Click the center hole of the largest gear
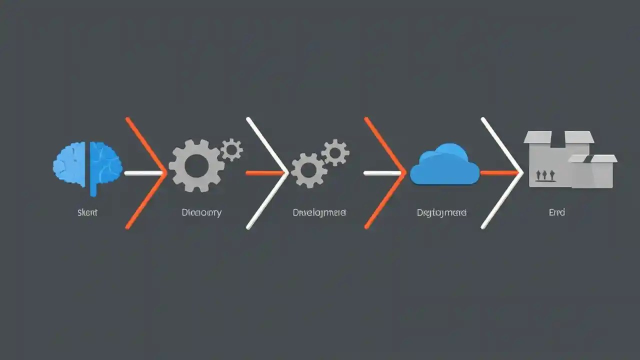pos(195,165)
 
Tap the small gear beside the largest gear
pos(231,149)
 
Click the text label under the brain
pos(87,212)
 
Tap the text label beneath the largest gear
pos(201,212)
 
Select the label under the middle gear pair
pos(319,212)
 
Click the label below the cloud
pos(441,212)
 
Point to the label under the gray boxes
pos(556,212)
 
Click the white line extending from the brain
pos(142,173)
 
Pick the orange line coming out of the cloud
pos(497,173)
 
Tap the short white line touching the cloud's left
pos(382,173)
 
